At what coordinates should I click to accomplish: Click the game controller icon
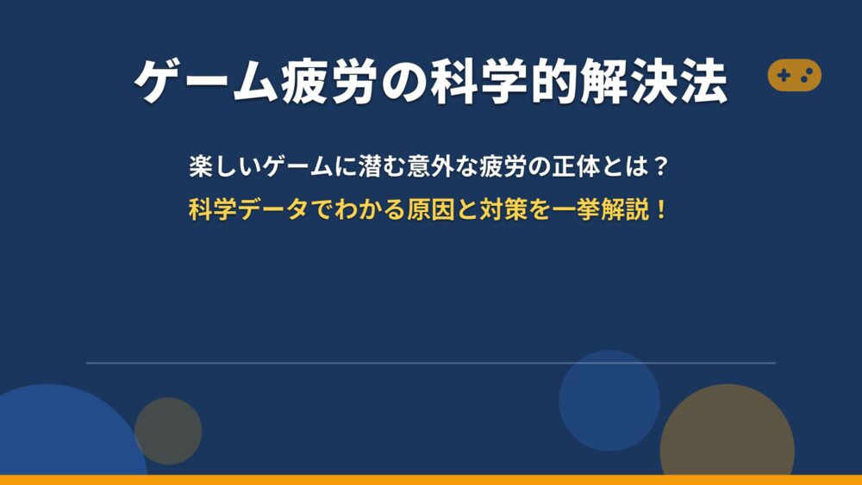click(x=795, y=75)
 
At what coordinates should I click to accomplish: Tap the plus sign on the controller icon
click(x=784, y=75)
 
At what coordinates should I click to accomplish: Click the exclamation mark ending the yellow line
click(x=660, y=209)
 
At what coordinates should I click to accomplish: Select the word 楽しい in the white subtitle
click(x=225, y=166)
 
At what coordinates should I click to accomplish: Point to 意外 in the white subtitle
click(x=430, y=166)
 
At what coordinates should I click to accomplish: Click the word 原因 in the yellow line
click(x=430, y=209)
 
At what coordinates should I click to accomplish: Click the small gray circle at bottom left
click(x=168, y=432)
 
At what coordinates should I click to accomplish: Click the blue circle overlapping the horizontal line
click(x=609, y=401)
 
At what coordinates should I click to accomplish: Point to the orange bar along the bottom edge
click(x=431, y=480)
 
